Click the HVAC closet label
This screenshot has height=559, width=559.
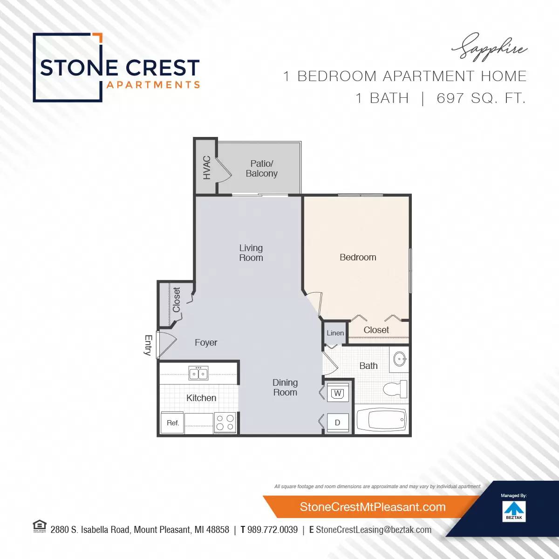click(x=207, y=167)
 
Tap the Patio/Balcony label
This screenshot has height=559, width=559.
click(x=261, y=169)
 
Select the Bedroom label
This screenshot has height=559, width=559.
click(x=358, y=257)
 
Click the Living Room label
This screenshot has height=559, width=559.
click(x=251, y=253)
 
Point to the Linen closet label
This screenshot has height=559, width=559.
click(x=335, y=333)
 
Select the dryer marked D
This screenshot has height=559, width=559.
click(x=337, y=423)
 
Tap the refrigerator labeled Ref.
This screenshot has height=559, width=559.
click(x=173, y=423)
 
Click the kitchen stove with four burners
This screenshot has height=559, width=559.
click(x=225, y=423)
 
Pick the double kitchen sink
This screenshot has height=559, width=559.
click(x=198, y=373)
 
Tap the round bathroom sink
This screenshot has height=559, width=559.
click(x=400, y=359)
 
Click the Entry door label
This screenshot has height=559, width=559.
click(x=148, y=345)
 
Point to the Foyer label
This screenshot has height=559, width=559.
click(x=206, y=342)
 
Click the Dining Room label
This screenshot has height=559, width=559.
click(x=285, y=388)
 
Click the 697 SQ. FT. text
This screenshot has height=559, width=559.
click(x=481, y=98)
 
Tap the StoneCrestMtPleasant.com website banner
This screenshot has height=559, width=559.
click(x=372, y=507)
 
